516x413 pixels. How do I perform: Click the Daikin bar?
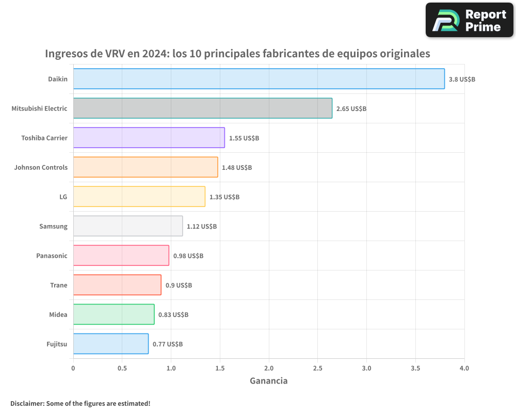click(x=259, y=79)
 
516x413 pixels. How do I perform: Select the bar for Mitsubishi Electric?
click(x=202, y=108)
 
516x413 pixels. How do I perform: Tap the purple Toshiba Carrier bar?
click(x=149, y=138)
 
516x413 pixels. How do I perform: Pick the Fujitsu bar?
click(x=110, y=344)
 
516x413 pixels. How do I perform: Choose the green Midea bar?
click(x=114, y=314)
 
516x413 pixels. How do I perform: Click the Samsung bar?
click(x=127, y=226)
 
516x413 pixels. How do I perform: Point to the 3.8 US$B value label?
click(x=462, y=80)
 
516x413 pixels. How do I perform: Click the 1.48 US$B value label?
click(x=237, y=168)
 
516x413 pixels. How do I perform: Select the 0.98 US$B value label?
click(x=188, y=256)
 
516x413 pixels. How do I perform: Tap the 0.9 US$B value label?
click(x=179, y=285)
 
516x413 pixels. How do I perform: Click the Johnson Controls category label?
click(x=41, y=168)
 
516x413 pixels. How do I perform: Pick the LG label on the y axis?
click(x=63, y=197)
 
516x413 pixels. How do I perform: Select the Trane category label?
click(x=58, y=285)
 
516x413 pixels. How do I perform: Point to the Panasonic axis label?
click(x=52, y=256)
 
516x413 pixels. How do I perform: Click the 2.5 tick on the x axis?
click(x=317, y=369)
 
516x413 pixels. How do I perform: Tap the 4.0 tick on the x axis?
click(x=464, y=369)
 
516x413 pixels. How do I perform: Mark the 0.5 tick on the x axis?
click(x=122, y=369)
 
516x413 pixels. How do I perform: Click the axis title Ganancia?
click(x=268, y=381)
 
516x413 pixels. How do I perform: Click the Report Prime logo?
click(x=469, y=20)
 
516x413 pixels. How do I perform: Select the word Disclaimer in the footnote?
click(x=26, y=403)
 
